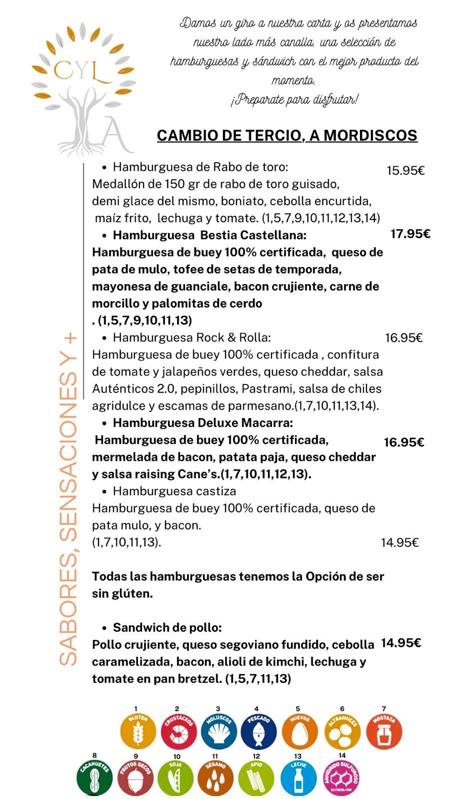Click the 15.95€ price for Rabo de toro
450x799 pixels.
pos(405,171)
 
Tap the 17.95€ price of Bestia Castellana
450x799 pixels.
pos(410,234)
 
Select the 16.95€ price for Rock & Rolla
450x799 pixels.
pos(403,338)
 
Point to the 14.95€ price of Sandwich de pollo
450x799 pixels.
pos(400,643)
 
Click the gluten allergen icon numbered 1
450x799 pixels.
pos(138,731)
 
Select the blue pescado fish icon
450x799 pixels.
pos(258,731)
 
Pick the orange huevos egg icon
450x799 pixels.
pos(299,731)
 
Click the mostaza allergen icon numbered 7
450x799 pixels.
pos(384,731)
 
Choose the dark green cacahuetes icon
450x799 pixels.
pos(94,777)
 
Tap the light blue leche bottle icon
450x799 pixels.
pos(298,777)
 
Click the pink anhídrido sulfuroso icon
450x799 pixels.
pos(341,777)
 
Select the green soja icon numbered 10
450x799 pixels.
pos(175,777)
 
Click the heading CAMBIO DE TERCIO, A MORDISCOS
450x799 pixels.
pos(287,135)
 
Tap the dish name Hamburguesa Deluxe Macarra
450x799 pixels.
pos(202,423)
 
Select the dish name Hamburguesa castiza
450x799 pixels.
pos(174,491)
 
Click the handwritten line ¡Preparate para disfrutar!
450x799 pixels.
pos(294,99)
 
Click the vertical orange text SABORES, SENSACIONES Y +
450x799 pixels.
pos(68,499)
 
